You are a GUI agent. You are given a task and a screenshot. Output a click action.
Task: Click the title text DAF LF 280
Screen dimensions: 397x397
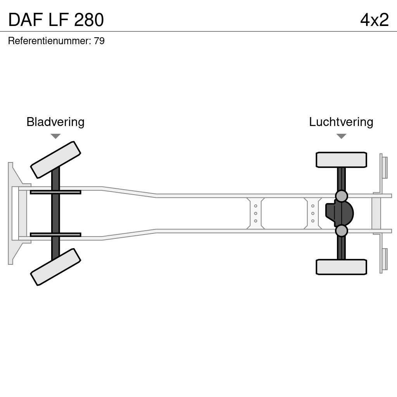tap(56, 20)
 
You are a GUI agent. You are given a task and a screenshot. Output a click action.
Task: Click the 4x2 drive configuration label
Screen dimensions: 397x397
tap(374, 20)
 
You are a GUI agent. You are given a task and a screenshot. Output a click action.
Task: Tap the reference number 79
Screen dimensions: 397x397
tap(99, 41)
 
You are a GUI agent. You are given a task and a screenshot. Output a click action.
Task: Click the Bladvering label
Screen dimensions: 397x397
tap(55, 122)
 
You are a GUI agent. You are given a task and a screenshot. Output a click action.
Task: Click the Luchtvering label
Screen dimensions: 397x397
tap(341, 122)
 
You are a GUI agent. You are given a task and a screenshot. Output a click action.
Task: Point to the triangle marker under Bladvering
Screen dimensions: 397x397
tap(55, 136)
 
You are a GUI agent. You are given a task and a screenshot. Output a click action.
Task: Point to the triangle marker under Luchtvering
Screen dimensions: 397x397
tap(341, 136)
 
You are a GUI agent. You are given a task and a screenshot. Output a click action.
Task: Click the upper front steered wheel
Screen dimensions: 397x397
tap(55, 160)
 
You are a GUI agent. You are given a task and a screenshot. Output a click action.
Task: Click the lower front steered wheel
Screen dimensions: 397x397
tap(55, 267)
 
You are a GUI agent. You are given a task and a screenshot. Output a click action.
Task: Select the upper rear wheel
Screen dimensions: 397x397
tap(341, 160)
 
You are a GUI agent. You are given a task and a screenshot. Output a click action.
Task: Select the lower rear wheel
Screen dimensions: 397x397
tap(341, 267)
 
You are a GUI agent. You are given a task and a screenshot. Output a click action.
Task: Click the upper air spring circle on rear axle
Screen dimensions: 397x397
tap(341, 196)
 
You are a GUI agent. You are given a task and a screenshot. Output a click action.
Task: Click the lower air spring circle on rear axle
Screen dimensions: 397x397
tap(341, 231)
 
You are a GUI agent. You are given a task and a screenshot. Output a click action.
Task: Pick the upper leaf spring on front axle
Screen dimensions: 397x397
tap(55, 192)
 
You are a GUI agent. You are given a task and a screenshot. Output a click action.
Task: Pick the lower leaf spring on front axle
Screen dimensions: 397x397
tap(55, 235)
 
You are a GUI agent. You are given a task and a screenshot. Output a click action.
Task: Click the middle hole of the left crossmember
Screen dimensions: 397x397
tap(255, 213)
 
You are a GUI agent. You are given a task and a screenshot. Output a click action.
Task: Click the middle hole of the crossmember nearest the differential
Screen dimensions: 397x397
tap(312, 213)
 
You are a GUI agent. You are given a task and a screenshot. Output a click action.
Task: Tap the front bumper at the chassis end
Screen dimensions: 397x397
tap(12, 213)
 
